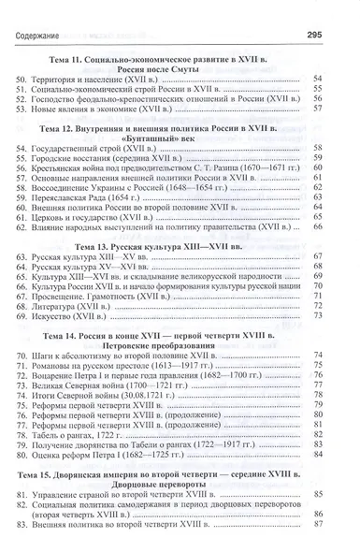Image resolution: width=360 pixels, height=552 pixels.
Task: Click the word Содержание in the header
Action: pos(43,11)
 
